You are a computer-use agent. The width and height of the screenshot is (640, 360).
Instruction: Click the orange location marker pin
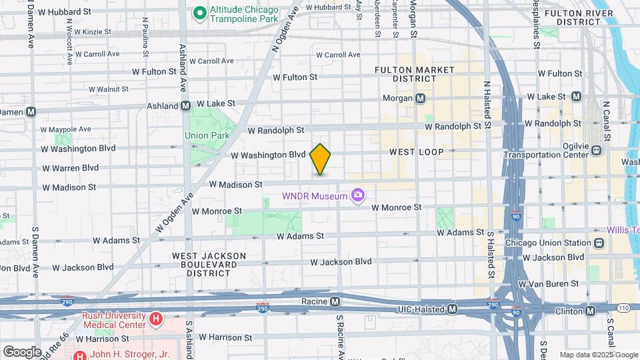[x=321, y=159]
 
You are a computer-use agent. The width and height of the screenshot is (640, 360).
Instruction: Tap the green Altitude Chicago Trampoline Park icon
[x=199, y=13]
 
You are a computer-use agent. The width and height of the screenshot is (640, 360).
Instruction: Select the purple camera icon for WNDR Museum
[x=359, y=195]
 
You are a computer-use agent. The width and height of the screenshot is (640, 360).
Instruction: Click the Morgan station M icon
[x=421, y=99]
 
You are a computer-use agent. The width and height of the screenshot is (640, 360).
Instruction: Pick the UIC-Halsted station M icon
[x=453, y=309]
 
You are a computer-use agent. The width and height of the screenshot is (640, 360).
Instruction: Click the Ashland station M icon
[x=186, y=105]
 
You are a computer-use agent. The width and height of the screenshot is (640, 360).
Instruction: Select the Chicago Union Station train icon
[x=599, y=243]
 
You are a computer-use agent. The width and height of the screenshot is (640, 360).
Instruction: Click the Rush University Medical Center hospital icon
[x=156, y=319]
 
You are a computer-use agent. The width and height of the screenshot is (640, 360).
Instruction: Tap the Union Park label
[x=207, y=135]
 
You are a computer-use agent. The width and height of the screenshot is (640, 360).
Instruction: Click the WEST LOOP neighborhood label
[x=416, y=153]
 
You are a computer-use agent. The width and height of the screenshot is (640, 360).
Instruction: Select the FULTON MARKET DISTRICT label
[x=414, y=74]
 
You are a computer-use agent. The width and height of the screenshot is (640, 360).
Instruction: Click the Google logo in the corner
[x=22, y=351]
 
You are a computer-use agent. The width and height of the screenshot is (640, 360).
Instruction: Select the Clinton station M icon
[x=590, y=311]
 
